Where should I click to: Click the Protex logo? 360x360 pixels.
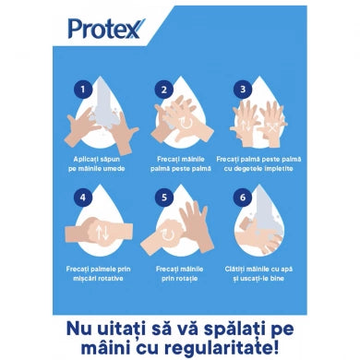(x=105, y=29)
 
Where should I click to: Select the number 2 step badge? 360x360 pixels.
(x=164, y=90)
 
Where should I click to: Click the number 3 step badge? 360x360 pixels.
(x=243, y=90)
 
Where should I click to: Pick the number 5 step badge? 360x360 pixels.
(x=164, y=197)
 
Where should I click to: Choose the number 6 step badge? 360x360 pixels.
(x=243, y=197)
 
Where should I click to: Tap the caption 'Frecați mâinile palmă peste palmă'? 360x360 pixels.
(x=178, y=163)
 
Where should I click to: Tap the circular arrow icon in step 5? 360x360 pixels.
(x=168, y=234)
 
